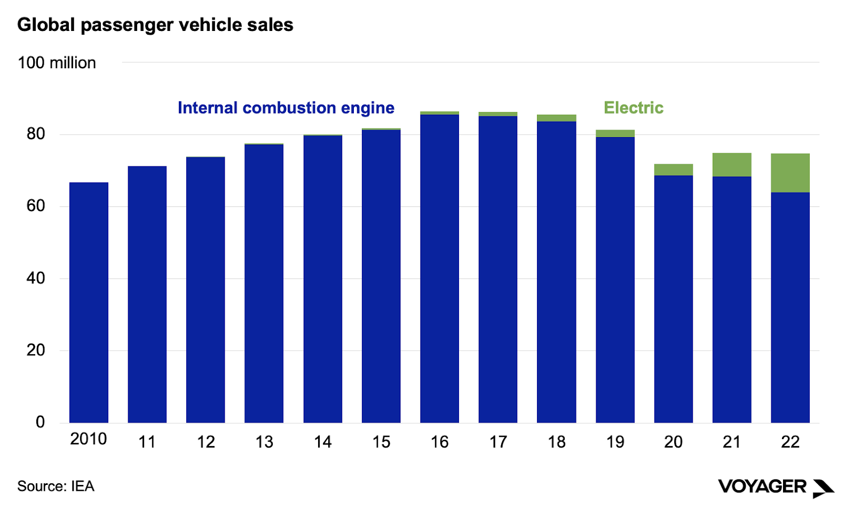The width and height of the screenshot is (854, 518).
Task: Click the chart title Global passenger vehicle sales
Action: (x=155, y=25)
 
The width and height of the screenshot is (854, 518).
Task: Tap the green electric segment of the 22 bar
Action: (x=790, y=173)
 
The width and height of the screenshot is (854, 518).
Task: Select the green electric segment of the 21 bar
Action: (x=732, y=165)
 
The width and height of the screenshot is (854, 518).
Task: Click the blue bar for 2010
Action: (x=89, y=302)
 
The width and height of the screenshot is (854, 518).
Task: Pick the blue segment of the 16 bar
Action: (x=439, y=268)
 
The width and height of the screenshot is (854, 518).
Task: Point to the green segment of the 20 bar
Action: (x=673, y=170)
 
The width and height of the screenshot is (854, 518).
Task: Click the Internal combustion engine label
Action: (x=286, y=108)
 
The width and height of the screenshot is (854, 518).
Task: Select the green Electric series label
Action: (x=633, y=108)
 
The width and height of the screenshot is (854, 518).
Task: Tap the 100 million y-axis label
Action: (x=57, y=63)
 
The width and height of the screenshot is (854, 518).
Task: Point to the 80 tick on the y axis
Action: (x=36, y=134)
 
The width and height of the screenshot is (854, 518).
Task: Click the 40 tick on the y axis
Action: (x=36, y=278)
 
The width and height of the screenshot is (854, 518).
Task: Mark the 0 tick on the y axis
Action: (x=40, y=423)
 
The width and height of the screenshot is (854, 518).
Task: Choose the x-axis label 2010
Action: (x=89, y=439)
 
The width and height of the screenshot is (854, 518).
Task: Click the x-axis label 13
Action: (x=264, y=442)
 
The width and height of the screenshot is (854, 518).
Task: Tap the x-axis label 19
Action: (x=615, y=442)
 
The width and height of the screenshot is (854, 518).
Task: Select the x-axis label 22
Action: (x=790, y=442)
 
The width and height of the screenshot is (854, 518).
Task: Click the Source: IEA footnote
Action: (x=56, y=487)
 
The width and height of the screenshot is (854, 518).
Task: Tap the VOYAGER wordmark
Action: (x=762, y=487)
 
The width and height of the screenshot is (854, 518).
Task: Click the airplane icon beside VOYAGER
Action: (x=823, y=488)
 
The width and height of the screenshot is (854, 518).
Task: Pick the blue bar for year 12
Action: (x=205, y=290)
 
